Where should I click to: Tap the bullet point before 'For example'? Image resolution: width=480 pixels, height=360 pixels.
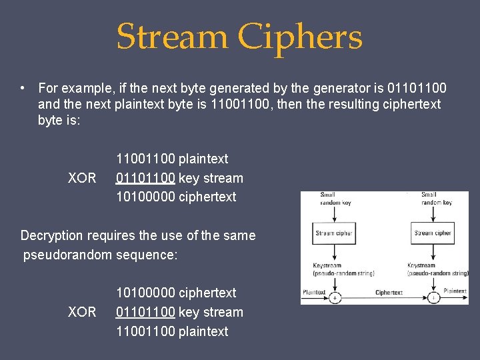click(x=23, y=88)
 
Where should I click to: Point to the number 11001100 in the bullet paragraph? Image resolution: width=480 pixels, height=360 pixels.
click(x=241, y=105)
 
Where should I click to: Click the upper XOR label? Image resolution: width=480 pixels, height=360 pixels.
click(x=82, y=178)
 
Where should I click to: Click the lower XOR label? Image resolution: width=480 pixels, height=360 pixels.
click(x=82, y=312)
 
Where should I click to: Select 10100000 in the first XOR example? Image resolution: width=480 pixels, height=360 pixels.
click(x=146, y=197)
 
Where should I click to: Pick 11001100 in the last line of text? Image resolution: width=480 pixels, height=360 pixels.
click(x=146, y=331)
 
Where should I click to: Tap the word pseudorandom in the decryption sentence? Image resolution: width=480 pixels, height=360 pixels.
click(x=67, y=255)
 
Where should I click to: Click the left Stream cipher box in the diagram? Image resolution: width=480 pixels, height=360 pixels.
click(x=334, y=233)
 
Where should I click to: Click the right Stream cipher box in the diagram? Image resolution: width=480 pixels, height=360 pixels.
click(x=433, y=233)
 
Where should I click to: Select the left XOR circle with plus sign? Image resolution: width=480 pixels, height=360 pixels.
click(x=335, y=297)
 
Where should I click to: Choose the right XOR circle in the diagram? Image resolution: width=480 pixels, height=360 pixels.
click(x=433, y=297)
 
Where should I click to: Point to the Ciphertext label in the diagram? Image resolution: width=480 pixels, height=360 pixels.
click(x=389, y=292)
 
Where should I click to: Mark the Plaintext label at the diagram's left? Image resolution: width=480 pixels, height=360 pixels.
click(x=314, y=292)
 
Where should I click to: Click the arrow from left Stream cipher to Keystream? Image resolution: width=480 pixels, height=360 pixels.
click(x=335, y=253)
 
